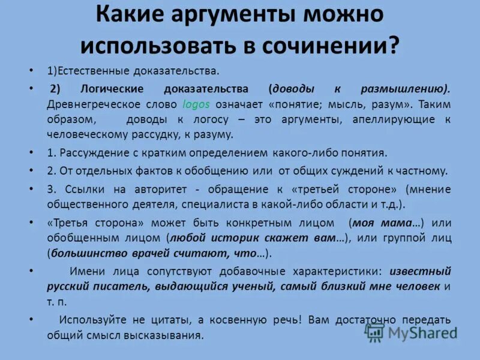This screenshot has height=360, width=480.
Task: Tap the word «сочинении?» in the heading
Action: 338,44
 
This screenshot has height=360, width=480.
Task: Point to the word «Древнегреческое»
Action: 88,103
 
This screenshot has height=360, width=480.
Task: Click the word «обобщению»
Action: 211,170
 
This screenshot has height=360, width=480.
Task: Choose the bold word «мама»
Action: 395,223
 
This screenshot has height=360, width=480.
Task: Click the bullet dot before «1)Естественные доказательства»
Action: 31,71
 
